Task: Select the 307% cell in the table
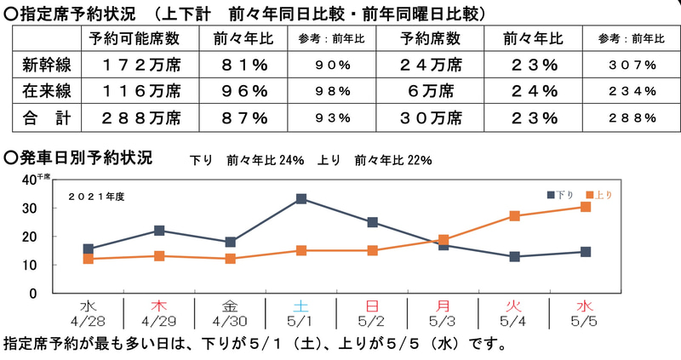[632, 65]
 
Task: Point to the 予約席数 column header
[431, 38]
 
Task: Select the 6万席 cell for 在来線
[431, 91]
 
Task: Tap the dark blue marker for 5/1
[301, 199]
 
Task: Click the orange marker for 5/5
[586, 207]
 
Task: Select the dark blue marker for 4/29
[159, 231]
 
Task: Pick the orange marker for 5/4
[514, 216]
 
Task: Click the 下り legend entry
[561, 195]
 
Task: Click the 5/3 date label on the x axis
[444, 320]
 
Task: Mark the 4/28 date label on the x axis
[88, 320]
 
